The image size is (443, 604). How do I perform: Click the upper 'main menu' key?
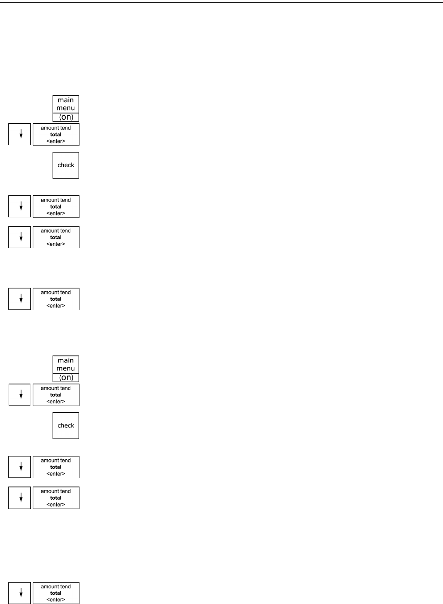coord(65,104)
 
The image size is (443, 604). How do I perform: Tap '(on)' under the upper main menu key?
coord(66,117)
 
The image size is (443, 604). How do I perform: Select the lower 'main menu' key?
coord(65,365)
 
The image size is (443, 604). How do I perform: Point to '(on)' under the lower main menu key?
coord(66,378)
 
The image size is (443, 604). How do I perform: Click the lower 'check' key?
coord(65,425)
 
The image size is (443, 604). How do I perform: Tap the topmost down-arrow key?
coord(20,134)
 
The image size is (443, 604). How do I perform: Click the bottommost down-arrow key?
coord(20,593)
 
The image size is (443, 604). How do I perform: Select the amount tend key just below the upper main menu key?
coord(56,134)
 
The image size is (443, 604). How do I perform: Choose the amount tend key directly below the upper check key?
coord(56,206)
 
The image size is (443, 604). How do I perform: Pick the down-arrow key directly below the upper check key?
coord(20,206)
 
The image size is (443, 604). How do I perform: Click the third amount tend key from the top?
coord(56,237)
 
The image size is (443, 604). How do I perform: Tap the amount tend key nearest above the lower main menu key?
coord(56,299)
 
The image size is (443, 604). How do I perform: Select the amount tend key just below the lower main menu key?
coord(56,395)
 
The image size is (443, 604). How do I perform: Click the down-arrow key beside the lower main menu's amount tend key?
coord(20,395)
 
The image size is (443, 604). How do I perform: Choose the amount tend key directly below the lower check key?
coord(56,467)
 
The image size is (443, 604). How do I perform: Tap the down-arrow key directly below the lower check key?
coord(20,467)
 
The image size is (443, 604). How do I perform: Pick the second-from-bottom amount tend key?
coord(56,498)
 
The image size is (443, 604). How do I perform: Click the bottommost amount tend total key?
coord(56,593)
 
